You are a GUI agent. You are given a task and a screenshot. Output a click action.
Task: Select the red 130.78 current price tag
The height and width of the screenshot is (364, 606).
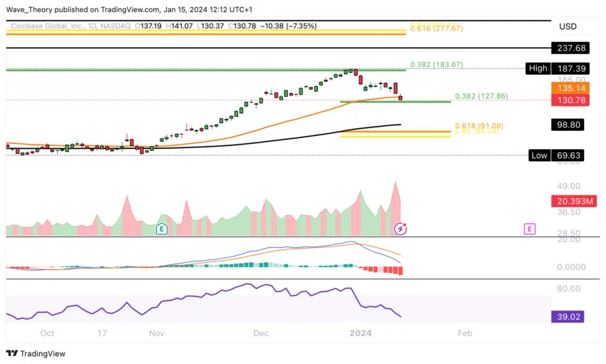click(568, 100)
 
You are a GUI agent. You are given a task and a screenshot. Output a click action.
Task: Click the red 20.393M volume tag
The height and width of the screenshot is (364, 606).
click(568, 202)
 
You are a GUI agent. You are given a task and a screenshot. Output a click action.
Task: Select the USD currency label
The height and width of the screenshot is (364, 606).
click(568, 26)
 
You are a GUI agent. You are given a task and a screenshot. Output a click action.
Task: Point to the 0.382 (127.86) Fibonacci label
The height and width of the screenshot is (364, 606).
click(482, 96)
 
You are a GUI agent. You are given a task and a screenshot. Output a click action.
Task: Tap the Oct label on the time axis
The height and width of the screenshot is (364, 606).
click(47, 333)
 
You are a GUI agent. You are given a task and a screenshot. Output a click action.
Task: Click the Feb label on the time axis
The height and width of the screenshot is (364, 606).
click(464, 333)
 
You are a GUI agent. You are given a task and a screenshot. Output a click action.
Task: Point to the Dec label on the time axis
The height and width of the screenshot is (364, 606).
click(261, 333)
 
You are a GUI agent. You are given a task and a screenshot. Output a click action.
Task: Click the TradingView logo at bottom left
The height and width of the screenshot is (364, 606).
click(36, 353)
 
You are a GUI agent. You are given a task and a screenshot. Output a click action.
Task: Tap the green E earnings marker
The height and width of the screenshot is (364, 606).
click(162, 229)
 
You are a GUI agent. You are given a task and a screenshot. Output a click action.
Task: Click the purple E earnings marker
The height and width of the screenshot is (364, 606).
click(529, 229)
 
